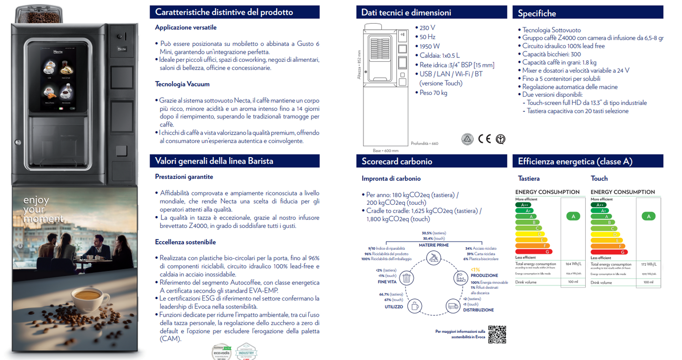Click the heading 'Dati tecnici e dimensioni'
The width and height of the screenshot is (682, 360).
pos(406,13)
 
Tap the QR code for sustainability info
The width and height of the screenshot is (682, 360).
pos(497,334)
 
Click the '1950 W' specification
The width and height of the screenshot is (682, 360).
pos(429,46)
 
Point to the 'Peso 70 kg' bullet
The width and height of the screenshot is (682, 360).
pos(433,92)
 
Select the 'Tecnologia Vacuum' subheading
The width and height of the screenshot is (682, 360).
pos(182,84)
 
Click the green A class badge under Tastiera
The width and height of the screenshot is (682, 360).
pos(573,216)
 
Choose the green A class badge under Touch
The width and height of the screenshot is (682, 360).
pos(648,216)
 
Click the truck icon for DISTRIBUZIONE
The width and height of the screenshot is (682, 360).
pos(453,306)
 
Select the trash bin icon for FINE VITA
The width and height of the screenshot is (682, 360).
pos(406,278)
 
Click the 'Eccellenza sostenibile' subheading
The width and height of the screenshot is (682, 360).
pos(185,242)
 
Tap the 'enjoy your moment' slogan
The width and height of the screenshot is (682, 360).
pos(42,209)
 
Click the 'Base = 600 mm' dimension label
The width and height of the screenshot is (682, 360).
pos(385,151)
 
